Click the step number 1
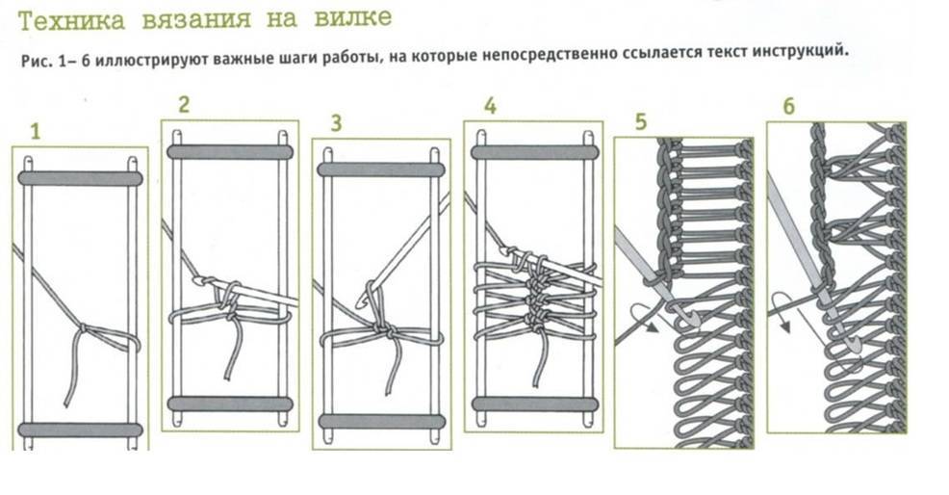(36, 132)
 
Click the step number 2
(183, 106)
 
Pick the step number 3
(336, 123)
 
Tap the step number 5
(643, 122)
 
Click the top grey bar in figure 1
(80, 178)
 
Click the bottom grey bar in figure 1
(80, 430)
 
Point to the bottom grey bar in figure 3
(381, 421)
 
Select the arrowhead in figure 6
(784, 326)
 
